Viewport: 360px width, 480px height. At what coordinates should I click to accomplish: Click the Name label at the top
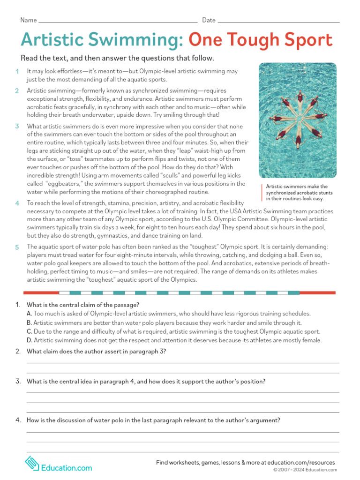pos(28,20)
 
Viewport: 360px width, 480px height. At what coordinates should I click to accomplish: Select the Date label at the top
pos(209,20)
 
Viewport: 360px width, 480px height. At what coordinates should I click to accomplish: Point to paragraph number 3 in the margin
pos(17,126)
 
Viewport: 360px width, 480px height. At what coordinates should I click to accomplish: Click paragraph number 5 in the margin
pos(17,247)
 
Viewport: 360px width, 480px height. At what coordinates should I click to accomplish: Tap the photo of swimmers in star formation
pos(297,120)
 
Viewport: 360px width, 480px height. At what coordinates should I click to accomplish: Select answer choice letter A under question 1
pos(29,314)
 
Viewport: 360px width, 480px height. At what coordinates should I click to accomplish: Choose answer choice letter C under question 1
pos(29,331)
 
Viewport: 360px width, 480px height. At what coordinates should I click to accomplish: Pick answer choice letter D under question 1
pos(29,340)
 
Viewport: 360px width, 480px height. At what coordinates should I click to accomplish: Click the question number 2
pos(18,352)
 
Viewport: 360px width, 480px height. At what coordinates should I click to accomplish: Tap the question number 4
pos(18,420)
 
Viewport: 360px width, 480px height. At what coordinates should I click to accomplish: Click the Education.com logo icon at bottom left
pos(31,464)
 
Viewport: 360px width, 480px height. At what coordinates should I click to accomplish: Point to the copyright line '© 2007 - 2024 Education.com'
pos(305,470)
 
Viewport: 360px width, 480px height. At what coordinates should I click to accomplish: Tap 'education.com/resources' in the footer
pos(303,462)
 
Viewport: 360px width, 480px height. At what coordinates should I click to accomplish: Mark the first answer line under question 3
pos(182,392)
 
